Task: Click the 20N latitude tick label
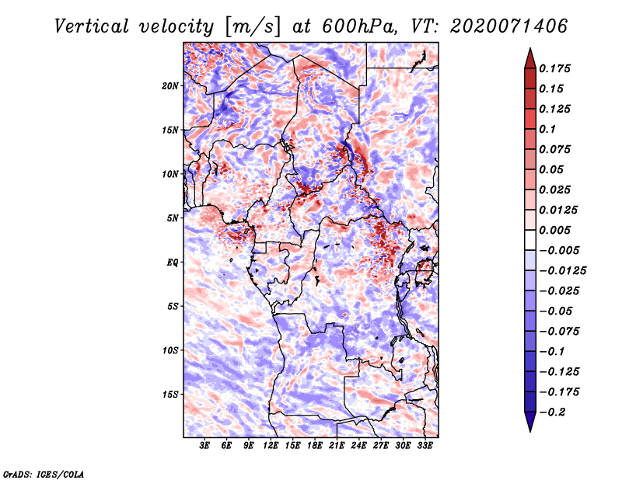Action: tap(169, 86)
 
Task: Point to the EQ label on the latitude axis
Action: tap(172, 263)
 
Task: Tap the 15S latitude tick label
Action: tap(169, 395)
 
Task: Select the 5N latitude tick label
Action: tap(172, 218)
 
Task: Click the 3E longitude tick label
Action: tap(204, 446)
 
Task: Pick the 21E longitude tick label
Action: tap(337, 446)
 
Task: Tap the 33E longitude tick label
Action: tap(425, 446)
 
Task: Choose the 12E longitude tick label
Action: tap(271, 446)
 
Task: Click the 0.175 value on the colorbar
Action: tap(554, 68)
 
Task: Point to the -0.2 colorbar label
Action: tap(552, 412)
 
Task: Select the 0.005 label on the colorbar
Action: tap(554, 230)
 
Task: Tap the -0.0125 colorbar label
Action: tap(562, 271)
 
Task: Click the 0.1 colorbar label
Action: tap(547, 129)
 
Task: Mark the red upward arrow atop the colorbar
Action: tap(530, 58)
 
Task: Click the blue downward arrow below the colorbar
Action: tap(530, 422)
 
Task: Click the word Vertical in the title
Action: tap(92, 26)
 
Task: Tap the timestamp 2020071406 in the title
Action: tap(508, 26)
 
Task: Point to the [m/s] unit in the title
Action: tap(253, 27)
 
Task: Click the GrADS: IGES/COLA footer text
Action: tap(44, 475)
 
